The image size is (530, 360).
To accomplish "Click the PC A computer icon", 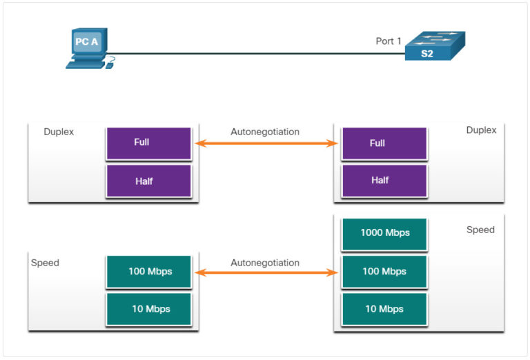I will click(x=88, y=48).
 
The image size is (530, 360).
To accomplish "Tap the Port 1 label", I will click(x=389, y=41).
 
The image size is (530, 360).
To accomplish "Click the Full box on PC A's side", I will click(x=148, y=143).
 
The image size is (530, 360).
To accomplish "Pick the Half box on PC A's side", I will click(x=148, y=181).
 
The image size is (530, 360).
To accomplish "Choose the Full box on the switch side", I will click(x=384, y=143).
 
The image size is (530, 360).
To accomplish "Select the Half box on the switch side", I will click(x=384, y=181).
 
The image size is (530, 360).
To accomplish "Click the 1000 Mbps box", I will click(x=384, y=233).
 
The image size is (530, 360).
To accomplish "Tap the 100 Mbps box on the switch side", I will click(x=384, y=271).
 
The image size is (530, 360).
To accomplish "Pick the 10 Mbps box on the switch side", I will click(x=384, y=308).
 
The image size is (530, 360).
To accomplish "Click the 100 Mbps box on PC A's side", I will click(x=148, y=271).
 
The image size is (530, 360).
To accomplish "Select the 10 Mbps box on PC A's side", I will click(x=148, y=308).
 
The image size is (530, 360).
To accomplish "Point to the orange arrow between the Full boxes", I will click(x=266, y=143).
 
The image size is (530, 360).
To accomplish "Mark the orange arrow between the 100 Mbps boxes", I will click(x=266, y=273).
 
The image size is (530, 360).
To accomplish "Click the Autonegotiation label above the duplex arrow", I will click(x=265, y=131).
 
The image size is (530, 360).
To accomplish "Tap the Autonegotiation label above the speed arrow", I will click(x=265, y=263).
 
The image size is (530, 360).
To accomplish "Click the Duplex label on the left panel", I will click(x=59, y=131).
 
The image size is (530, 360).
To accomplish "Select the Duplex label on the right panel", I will click(x=481, y=130).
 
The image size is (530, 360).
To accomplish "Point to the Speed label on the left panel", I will click(x=45, y=263).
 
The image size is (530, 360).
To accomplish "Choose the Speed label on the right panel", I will click(x=480, y=230).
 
